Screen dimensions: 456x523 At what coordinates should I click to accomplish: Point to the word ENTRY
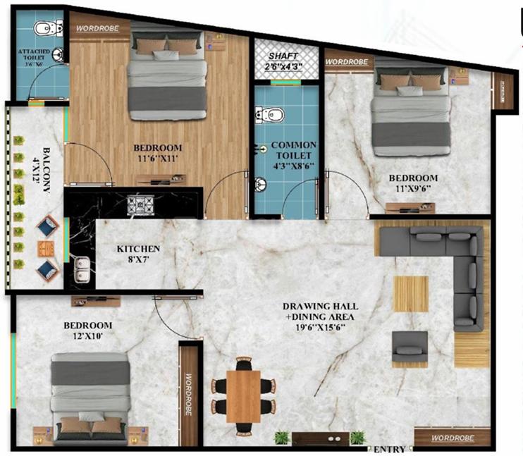(x=389, y=449)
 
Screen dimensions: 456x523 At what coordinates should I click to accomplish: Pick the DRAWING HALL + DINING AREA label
(x=321, y=316)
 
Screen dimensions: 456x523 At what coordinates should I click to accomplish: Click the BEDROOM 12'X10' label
(x=87, y=331)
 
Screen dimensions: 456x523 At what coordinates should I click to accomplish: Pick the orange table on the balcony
(x=47, y=248)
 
